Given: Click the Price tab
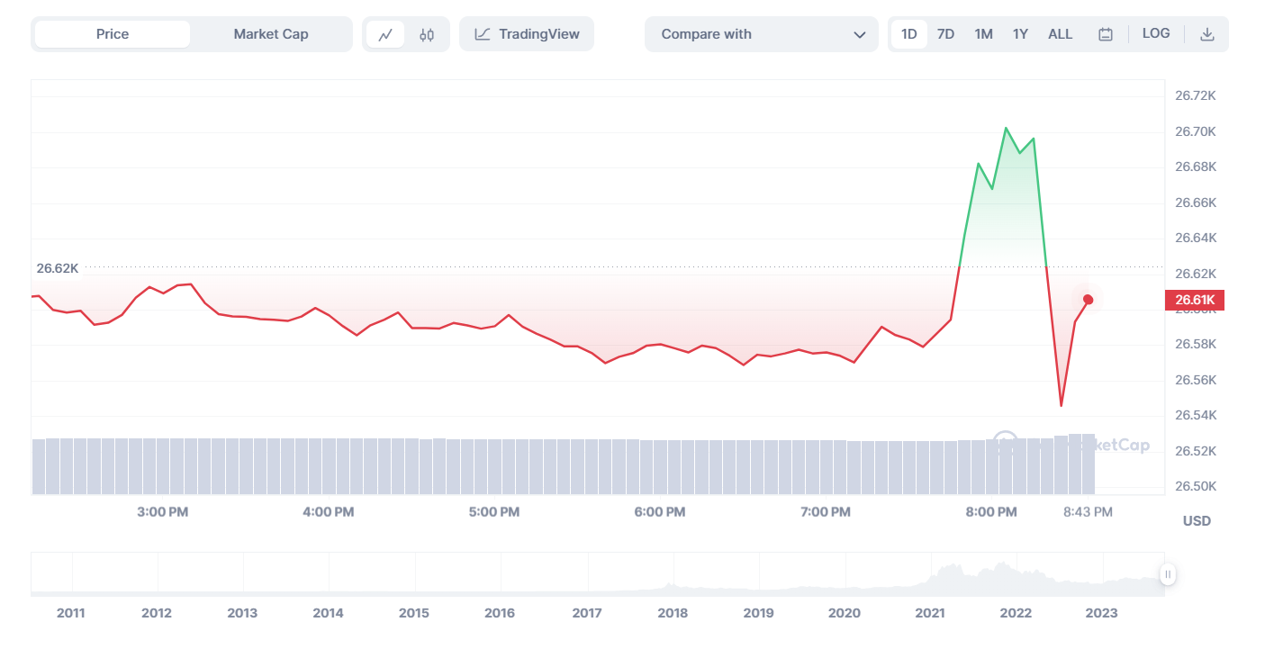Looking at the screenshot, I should (113, 34).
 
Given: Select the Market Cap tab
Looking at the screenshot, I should (271, 34).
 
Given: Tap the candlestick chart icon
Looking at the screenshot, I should (427, 35).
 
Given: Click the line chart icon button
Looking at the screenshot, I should (385, 35).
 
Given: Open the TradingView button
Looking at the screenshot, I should (527, 34).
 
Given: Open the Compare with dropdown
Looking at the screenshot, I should (761, 34).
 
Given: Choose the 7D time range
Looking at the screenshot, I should (945, 34).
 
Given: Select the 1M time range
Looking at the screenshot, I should (983, 34).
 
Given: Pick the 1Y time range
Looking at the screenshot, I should (1020, 34).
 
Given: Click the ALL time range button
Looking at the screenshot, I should (1060, 34).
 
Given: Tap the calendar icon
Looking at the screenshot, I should (1106, 34).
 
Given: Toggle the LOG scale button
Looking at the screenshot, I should (1156, 33).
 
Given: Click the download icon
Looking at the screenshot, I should (1207, 34).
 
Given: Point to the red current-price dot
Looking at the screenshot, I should (1089, 300).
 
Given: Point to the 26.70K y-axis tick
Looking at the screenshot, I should (1196, 131).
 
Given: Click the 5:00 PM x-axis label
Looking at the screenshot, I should (494, 512).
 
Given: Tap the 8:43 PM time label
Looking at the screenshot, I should (1088, 512).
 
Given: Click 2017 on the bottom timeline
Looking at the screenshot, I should (587, 613).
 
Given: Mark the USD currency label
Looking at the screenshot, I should (1197, 521).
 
